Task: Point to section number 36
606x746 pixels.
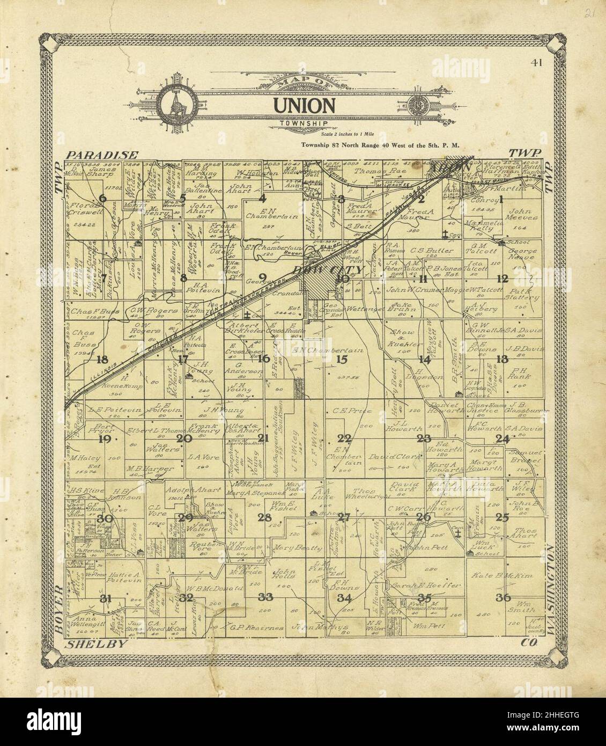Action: (502, 598)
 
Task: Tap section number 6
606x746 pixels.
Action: (102, 199)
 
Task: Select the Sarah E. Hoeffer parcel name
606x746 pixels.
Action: (425, 586)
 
